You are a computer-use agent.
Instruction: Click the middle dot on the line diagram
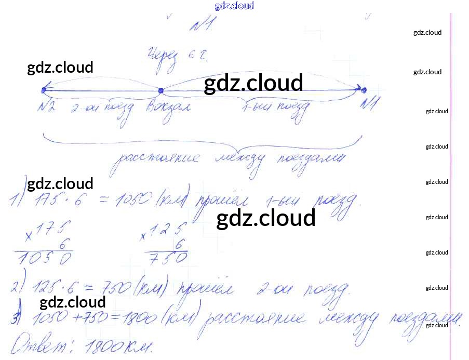coord(160,91)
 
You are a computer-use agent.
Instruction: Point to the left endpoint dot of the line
coord(43,90)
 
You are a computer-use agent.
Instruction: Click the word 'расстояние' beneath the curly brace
coord(156,158)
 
